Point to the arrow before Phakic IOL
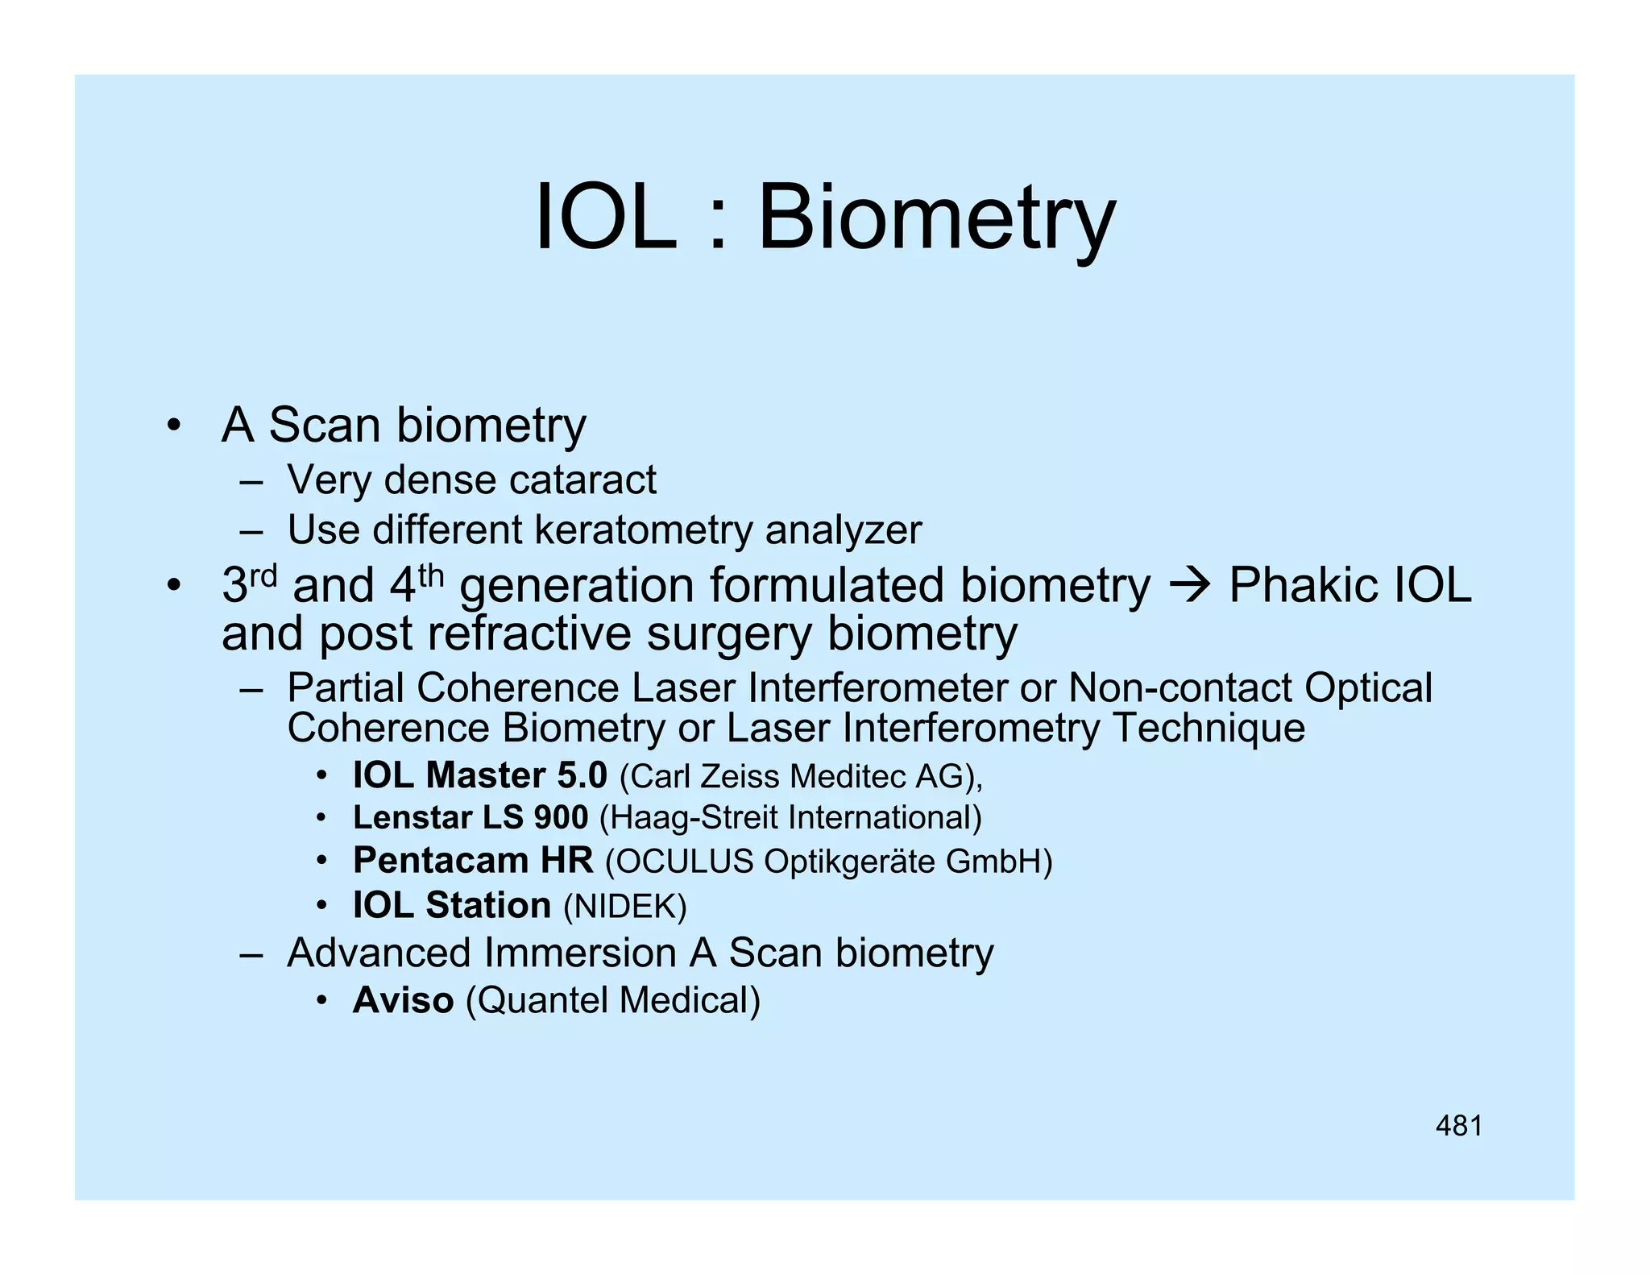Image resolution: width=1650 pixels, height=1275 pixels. pos(1189,585)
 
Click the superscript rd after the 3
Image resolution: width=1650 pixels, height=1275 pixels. pos(263,575)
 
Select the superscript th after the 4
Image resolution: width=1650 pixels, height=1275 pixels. pos(431,575)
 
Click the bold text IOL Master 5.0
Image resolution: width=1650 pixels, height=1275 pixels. pos(480,775)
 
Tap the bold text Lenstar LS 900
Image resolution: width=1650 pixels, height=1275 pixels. pos(471,817)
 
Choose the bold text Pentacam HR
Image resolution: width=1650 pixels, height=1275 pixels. pos(473,861)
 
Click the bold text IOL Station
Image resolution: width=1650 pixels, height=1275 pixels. pos(452,905)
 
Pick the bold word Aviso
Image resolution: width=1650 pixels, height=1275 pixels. pos(403,1000)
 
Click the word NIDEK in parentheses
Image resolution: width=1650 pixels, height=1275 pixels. pos(624,907)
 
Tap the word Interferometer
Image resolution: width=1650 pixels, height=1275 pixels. pos(877,688)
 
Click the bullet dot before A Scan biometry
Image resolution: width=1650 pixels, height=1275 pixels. pos(172,426)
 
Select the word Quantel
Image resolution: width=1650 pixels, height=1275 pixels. pos(545,1001)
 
